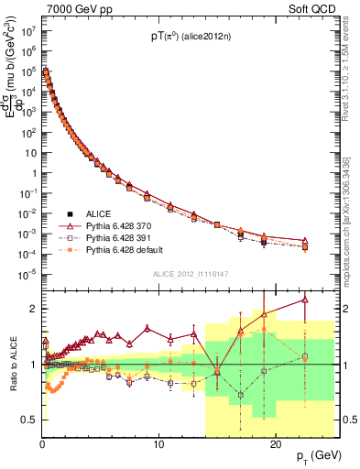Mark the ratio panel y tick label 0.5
(28, 420)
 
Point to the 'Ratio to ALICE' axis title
(12, 364)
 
